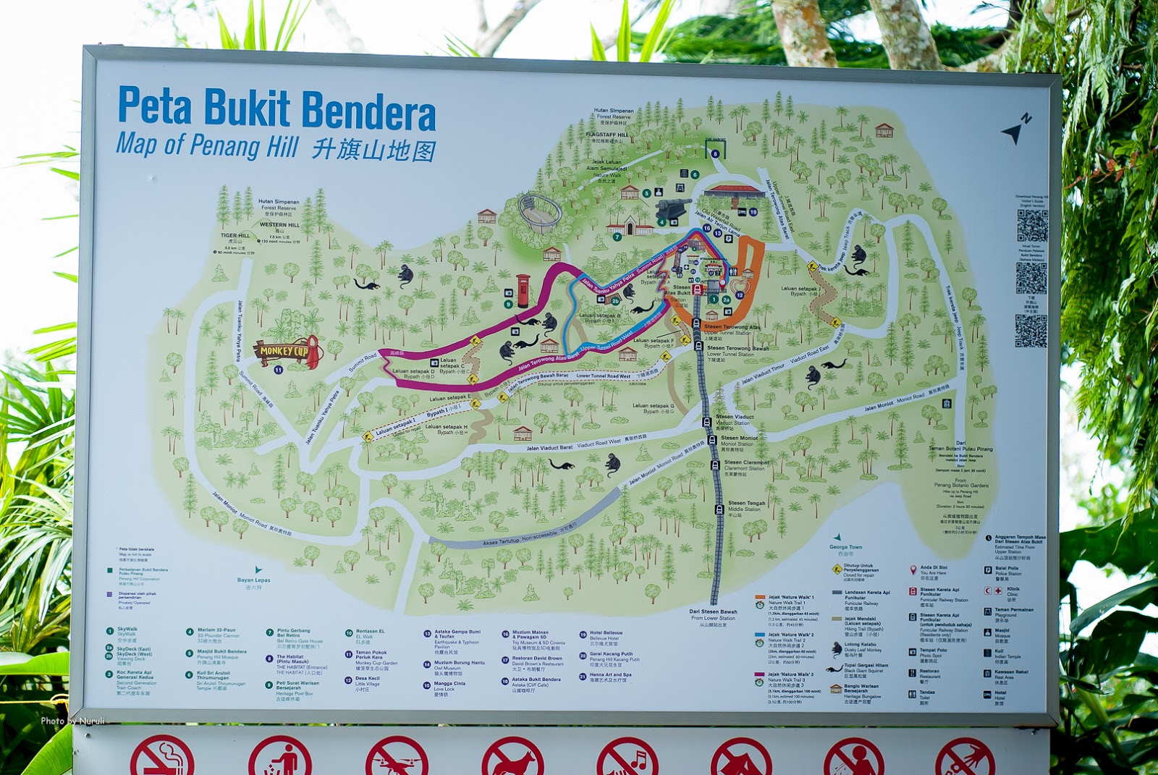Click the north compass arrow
(1015, 130)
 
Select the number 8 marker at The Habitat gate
(715, 153)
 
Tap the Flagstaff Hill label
(607, 135)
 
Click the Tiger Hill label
(235, 236)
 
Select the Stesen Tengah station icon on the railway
(719, 510)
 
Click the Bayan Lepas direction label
(253, 580)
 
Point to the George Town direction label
(845, 547)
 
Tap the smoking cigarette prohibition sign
(162, 758)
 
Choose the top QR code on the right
(1031, 226)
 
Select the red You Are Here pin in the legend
(913, 570)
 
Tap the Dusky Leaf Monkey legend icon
(836, 648)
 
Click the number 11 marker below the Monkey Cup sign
(279, 370)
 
